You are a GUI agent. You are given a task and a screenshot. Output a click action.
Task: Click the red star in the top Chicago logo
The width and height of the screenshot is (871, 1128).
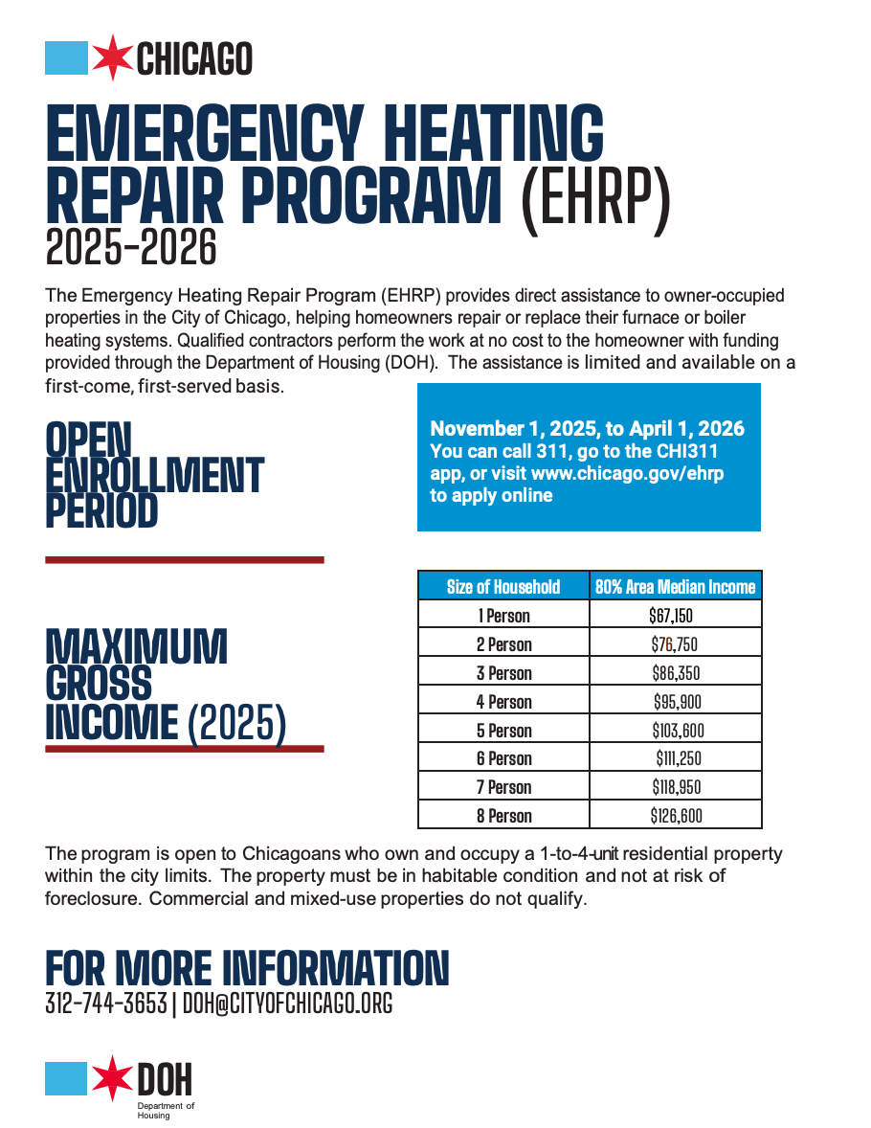113,57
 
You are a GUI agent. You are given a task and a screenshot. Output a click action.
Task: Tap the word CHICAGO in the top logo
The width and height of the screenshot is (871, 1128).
194,59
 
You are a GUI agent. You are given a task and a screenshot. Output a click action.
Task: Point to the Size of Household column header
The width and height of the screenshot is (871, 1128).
503,587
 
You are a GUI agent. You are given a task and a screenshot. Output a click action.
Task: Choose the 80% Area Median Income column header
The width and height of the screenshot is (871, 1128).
675,587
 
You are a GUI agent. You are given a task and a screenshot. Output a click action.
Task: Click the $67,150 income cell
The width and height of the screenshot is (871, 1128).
676,616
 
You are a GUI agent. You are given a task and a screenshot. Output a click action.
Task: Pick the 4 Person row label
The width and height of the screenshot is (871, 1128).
503,702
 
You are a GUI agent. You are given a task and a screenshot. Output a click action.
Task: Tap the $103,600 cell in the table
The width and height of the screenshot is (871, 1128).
676,731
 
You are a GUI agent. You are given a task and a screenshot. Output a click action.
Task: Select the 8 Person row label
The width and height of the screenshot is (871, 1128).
503,816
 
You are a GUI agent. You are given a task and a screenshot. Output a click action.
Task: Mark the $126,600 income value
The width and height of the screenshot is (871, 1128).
676,816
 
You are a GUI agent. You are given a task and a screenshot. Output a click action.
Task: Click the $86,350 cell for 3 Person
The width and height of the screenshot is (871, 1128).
676,673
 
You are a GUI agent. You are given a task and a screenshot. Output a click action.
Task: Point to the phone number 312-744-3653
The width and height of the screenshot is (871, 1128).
106,1004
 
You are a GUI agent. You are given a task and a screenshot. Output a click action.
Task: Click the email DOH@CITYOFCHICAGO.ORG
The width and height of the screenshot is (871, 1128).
287,1004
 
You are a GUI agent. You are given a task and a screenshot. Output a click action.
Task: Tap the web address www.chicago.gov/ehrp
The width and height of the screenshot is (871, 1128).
628,473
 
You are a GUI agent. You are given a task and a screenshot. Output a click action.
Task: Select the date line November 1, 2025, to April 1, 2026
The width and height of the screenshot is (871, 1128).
587,428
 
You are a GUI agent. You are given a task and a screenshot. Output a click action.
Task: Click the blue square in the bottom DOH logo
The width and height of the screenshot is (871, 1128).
66,1079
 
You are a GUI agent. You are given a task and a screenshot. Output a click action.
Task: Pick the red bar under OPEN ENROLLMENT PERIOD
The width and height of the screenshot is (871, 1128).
185,559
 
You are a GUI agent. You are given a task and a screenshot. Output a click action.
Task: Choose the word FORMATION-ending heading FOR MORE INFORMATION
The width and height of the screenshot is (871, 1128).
247,968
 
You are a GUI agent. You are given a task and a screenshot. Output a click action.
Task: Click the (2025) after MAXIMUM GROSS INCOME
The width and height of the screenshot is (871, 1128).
236,724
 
